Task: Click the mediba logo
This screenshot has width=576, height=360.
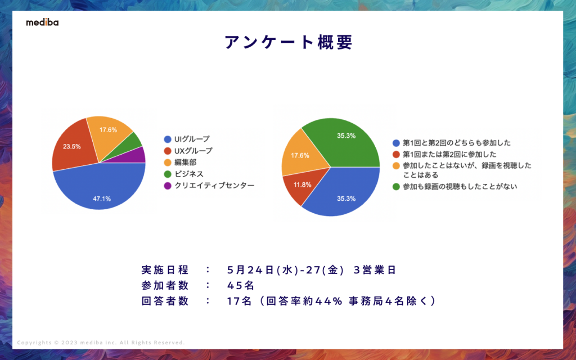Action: click(x=42, y=22)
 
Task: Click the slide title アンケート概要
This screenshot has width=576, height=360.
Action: click(x=288, y=43)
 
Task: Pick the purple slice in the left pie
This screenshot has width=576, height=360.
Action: click(x=138, y=155)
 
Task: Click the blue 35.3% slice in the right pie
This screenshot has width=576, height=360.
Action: click(x=343, y=194)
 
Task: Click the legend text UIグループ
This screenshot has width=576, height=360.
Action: click(x=192, y=139)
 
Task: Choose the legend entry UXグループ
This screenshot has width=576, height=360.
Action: click(x=193, y=151)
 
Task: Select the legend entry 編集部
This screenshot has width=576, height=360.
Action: click(x=184, y=163)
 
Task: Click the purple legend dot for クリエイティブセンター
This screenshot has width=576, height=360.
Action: click(x=166, y=186)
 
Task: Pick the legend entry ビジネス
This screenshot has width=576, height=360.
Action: click(x=188, y=174)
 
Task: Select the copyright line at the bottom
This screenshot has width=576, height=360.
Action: click(x=101, y=343)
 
